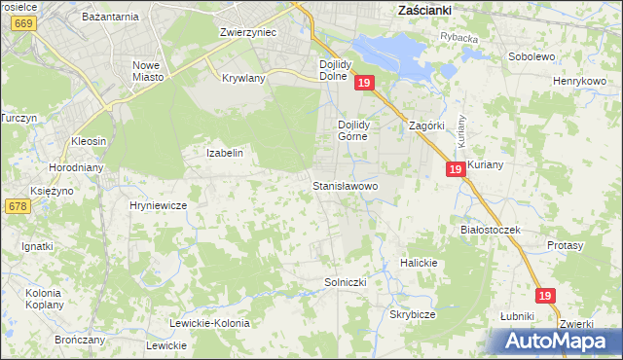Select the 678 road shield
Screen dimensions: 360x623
click(x=17, y=206)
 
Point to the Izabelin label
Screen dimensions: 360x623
click(x=224, y=153)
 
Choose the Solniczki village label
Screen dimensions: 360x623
click(x=345, y=282)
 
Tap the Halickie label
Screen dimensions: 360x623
click(x=420, y=264)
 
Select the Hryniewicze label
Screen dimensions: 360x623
click(x=158, y=206)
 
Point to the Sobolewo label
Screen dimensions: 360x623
click(x=531, y=56)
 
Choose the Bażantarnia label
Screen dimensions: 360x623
click(x=110, y=18)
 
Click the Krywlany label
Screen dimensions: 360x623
click(x=244, y=78)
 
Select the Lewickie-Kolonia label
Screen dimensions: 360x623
click(x=209, y=323)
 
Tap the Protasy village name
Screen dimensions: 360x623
click(x=566, y=246)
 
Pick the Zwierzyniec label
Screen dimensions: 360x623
click(x=248, y=32)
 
